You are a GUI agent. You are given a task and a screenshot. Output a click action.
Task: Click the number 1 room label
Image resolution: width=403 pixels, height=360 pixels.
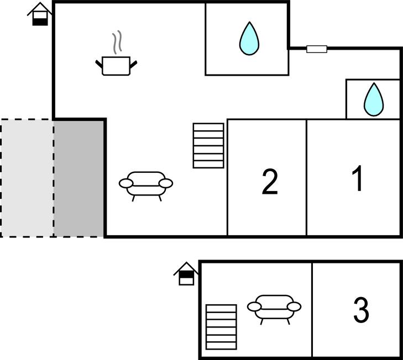[x=358, y=179]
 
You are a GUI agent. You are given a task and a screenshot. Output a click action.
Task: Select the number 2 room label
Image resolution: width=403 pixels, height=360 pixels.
[x=269, y=182]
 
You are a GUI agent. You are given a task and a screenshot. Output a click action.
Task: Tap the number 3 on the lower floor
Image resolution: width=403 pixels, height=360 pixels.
[x=360, y=310]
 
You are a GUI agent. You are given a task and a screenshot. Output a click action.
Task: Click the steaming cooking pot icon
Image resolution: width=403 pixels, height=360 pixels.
[x=116, y=65]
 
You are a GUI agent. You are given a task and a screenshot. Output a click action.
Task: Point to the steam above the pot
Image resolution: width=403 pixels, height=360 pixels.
[x=116, y=43]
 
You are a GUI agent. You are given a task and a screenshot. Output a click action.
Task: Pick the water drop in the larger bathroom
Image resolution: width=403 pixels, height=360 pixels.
[x=249, y=39]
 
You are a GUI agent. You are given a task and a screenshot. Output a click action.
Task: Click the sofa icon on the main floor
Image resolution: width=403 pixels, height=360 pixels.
[x=146, y=184]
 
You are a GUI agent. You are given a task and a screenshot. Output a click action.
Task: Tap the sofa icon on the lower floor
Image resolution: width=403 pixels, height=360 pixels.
[x=274, y=307]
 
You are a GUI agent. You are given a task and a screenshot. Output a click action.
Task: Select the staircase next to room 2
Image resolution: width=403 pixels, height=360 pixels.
[x=208, y=145]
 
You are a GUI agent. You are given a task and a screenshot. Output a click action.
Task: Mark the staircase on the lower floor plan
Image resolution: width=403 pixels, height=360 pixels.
[x=221, y=327]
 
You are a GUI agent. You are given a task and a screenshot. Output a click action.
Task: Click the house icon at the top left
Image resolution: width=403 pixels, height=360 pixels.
[x=40, y=14]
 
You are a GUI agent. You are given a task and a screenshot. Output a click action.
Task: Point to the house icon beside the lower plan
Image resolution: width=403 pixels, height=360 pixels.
[x=186, y=273]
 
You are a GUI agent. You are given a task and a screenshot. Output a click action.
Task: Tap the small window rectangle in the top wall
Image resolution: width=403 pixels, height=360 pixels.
[x=317, y=49]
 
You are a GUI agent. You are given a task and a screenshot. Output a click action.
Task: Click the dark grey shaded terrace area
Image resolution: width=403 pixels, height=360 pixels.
[x=79, y=178]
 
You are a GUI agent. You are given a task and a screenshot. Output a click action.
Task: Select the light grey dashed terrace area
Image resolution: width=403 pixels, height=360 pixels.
[x=27, y=178]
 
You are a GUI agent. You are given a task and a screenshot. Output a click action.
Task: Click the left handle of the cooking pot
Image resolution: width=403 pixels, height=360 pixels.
[x=100, y=65]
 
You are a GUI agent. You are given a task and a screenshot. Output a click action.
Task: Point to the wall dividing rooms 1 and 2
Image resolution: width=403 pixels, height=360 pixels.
[x=306, y=177]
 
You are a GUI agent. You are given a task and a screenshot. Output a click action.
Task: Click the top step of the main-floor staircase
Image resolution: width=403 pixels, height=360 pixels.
[x=208, y=127]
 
